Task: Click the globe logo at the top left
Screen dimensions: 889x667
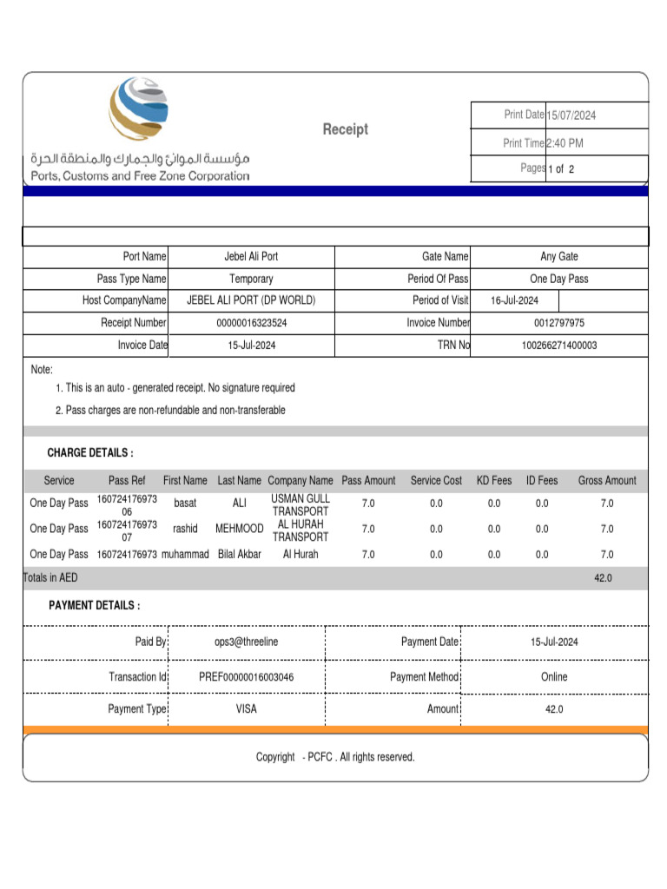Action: point(139,109)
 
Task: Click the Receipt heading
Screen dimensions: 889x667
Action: point(346,129)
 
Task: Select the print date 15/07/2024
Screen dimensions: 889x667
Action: point(571,115)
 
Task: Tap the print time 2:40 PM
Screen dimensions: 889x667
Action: point(565,143)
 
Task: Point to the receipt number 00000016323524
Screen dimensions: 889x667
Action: point(251,323)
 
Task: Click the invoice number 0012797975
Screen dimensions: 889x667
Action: point(558,323)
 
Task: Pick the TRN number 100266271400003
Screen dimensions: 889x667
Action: point(558,346)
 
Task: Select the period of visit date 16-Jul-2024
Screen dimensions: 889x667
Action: point(514,300)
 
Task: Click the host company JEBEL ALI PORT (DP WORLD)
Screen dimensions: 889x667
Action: point(251,300)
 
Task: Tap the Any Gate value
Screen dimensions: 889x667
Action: point(558,256)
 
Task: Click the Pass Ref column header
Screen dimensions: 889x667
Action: point(127,480)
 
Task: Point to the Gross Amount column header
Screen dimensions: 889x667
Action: point(607,480)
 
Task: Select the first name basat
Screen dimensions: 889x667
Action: point(185,503)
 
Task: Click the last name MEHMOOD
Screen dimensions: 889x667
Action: point(239,529)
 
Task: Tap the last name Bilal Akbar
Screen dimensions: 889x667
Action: point(239,554)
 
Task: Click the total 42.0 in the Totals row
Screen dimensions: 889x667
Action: point(603,578)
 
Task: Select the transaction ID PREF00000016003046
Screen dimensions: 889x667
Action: point(247,677)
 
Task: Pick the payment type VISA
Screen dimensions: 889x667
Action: point(247,709)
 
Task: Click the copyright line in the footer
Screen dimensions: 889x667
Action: point(335,757)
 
